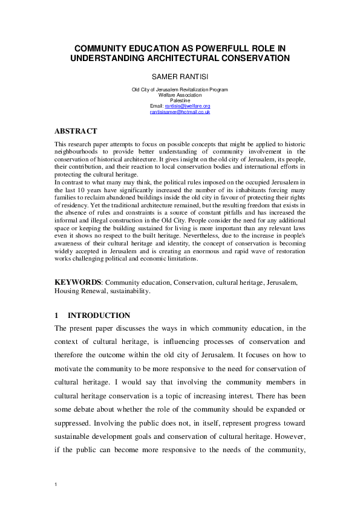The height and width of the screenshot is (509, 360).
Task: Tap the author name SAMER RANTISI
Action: point(180,77)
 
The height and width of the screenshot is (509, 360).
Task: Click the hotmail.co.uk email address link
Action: point(180,112)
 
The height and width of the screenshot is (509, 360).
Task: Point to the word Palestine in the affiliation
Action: point(180,100)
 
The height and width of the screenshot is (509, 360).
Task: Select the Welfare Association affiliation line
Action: point(180,95)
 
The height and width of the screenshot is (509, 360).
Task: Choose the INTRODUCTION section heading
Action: point(99,316)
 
